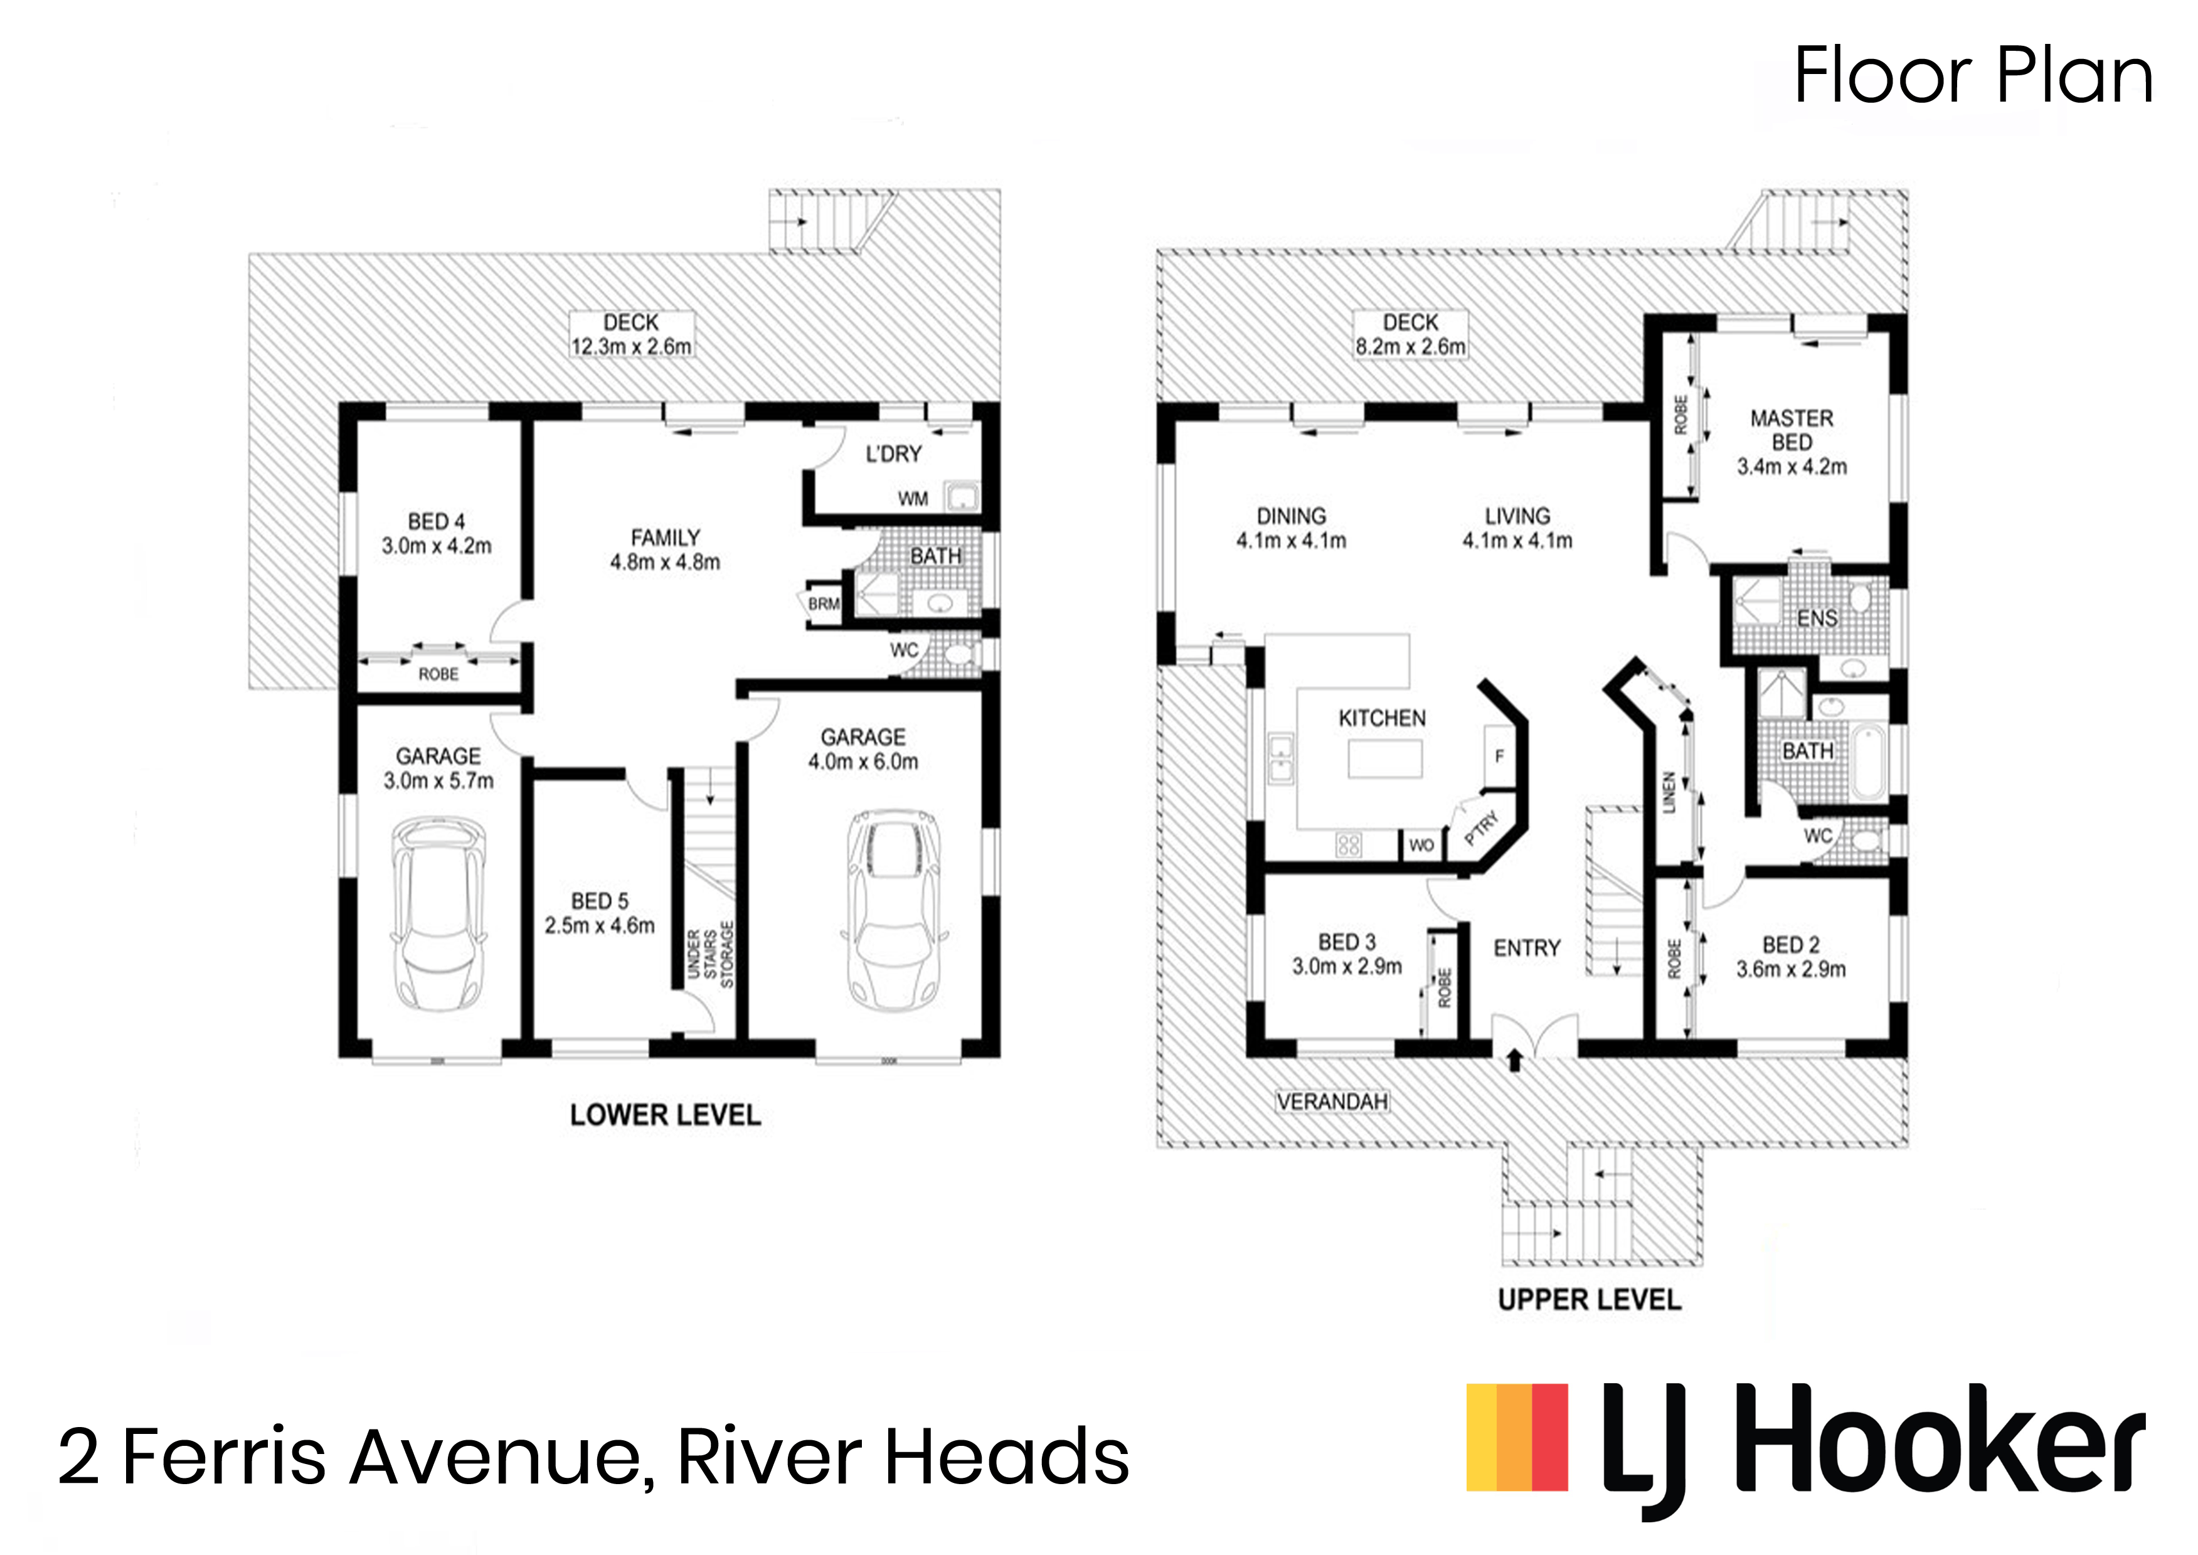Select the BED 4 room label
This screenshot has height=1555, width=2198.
click(437, 522)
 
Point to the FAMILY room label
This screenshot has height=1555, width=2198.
click(666, 538)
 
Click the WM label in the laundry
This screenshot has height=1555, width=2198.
click(912, 499)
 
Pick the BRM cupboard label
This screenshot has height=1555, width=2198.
click(823, 604)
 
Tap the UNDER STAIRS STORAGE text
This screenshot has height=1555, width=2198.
click(710, 955)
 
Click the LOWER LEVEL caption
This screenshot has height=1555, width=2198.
click(666, 1115)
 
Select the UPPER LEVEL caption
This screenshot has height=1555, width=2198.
click(1589, 1299)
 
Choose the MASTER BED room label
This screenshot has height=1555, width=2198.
click(1791, 430)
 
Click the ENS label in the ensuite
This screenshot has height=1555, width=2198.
click(1816, 618)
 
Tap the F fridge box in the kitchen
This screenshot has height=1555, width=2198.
click(1499, 756)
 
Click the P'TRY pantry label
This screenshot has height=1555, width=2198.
click(1480, 827)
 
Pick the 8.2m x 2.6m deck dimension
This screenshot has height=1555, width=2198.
click(1410, 347)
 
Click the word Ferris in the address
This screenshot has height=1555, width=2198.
click(225, 1457)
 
